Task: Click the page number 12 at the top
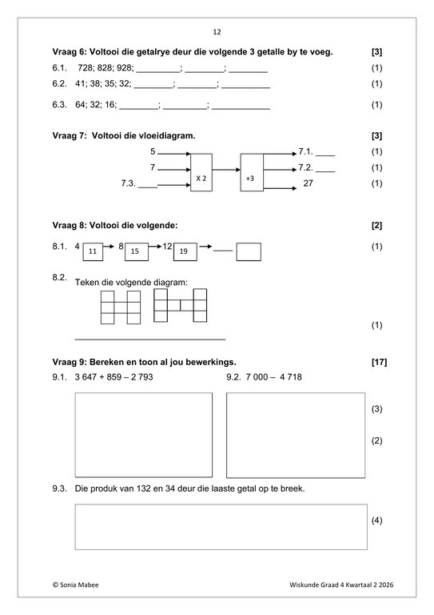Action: click(217, 32)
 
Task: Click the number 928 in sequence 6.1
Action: click(125, 68)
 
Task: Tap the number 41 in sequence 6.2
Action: click(80, 83)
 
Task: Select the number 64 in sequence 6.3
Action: click(81, 105)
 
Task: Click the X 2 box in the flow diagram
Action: click(201, 173)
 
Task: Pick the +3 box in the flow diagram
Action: click(252, 173)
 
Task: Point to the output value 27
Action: click(308, 183)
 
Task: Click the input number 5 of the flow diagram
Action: click(153, 151)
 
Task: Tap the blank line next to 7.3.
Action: click(148, 187)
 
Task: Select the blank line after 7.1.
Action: click(325, 155)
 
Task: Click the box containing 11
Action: click(93, 251)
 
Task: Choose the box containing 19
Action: click(185, 251)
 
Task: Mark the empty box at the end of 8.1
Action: click(249, 251)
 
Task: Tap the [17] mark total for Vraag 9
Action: click(379, 362)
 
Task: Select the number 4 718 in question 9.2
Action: click(291, 377)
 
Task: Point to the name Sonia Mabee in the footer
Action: click(79, 585)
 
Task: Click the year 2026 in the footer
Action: click(386, 585)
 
